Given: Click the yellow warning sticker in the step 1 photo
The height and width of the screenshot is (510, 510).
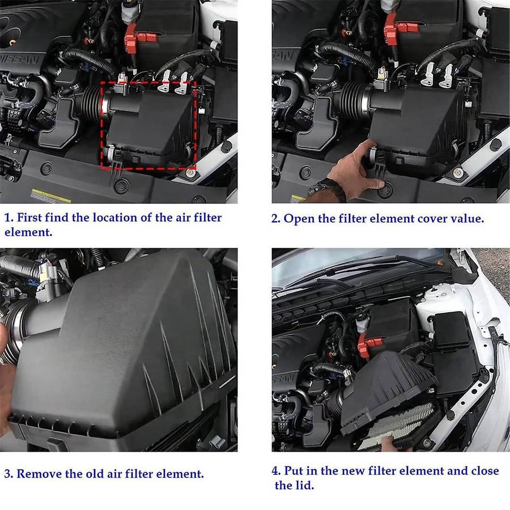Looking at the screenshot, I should pos(50,195).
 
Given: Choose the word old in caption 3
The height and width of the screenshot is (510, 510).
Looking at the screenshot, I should pos(96,473).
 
